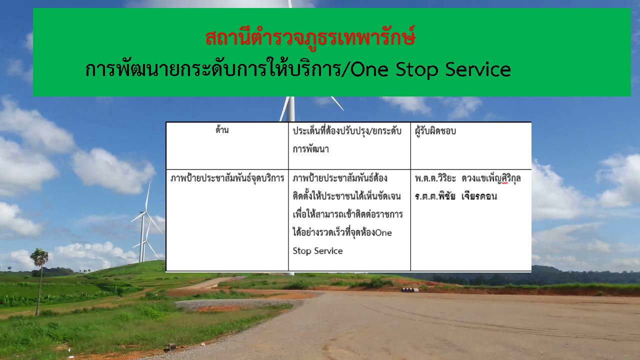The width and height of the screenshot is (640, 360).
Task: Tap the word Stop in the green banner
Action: click(416, 70)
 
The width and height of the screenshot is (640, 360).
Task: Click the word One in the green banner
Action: click(369, 70)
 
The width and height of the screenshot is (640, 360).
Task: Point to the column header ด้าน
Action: click(222, 130)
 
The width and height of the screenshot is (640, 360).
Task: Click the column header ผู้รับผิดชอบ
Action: click(435, 131)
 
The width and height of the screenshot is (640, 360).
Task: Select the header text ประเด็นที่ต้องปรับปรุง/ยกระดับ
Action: click(347, 131)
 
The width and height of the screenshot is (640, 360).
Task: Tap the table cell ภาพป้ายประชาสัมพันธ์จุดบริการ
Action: click(227, 178)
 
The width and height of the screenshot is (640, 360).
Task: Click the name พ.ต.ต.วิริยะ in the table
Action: click(435, 178)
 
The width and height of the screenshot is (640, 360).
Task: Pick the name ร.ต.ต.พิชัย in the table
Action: click(435, 196)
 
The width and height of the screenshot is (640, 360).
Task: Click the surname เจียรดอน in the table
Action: click(479, 196)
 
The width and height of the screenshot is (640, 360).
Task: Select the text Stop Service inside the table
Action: click(317, 251)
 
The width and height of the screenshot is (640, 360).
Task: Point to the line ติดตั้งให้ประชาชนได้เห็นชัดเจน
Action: click(346, 196)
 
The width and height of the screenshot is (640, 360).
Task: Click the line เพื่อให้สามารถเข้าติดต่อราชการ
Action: click(347, 214)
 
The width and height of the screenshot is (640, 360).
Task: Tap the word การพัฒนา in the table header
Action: click(310, 149)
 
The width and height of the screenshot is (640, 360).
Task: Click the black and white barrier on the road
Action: click(409, 290)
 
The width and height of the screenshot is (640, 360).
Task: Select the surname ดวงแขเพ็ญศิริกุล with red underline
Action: click(491, 178)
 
